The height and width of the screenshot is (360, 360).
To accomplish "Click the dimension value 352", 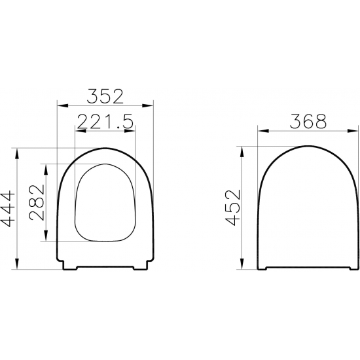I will coord(105,97).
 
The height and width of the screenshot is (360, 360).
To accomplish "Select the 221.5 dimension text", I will coord(105,121).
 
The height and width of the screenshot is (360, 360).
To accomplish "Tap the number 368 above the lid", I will coord(308,121).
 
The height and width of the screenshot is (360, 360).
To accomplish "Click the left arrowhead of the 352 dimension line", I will coord(61,105).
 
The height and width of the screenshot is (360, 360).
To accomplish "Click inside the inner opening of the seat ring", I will coord(105,203).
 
